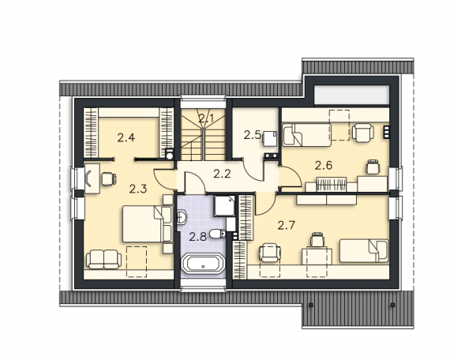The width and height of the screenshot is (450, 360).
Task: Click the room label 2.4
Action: (x=126, y=138)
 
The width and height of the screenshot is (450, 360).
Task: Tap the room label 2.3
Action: (x=137, y=189)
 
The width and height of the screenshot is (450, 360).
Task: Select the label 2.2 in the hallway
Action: (x=222, y=174)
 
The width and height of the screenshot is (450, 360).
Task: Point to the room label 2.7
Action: (x=286, y=225)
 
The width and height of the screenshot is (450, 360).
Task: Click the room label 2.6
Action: (x=324, y=165)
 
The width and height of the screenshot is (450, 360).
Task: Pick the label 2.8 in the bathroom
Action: (x=197, y=237)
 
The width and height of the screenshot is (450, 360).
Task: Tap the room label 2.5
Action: (x=253, y=135)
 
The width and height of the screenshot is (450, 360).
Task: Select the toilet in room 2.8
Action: (x=217, y=234)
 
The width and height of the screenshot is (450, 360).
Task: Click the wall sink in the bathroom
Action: (x=182, y=217)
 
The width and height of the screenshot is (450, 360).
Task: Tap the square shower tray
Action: (x=224, y=205)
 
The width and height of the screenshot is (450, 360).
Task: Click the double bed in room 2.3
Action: (x=148, y=223)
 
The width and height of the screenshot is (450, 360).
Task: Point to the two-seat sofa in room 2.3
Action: (x=104, y=259)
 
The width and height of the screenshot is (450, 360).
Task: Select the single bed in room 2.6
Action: (x=307, y=135)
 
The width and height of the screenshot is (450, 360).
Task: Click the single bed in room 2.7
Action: (x=364, y=251)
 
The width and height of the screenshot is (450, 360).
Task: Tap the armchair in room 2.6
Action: (x=363, y=133)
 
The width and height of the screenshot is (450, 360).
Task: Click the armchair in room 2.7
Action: (x=270, y=253)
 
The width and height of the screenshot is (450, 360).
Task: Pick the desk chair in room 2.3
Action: (x=109, y=179)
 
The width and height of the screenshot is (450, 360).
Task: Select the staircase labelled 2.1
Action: (x=203, y=134)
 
